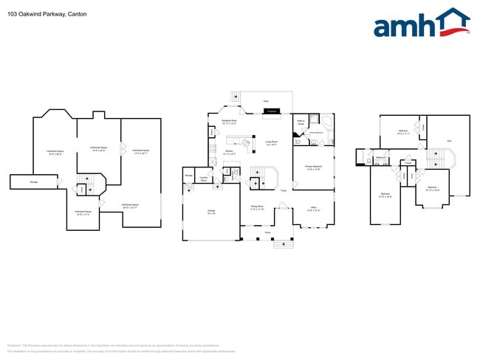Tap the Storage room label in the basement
click(34, 180)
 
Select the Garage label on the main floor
click(211, 211)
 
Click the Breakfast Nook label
click(229, 122)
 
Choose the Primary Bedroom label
click(313, 168)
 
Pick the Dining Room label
click(257, 208)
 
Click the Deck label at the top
click(266, 101)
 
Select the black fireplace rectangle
click(272, 111)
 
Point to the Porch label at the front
click(267, 232)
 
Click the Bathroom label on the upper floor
click(381, 157)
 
